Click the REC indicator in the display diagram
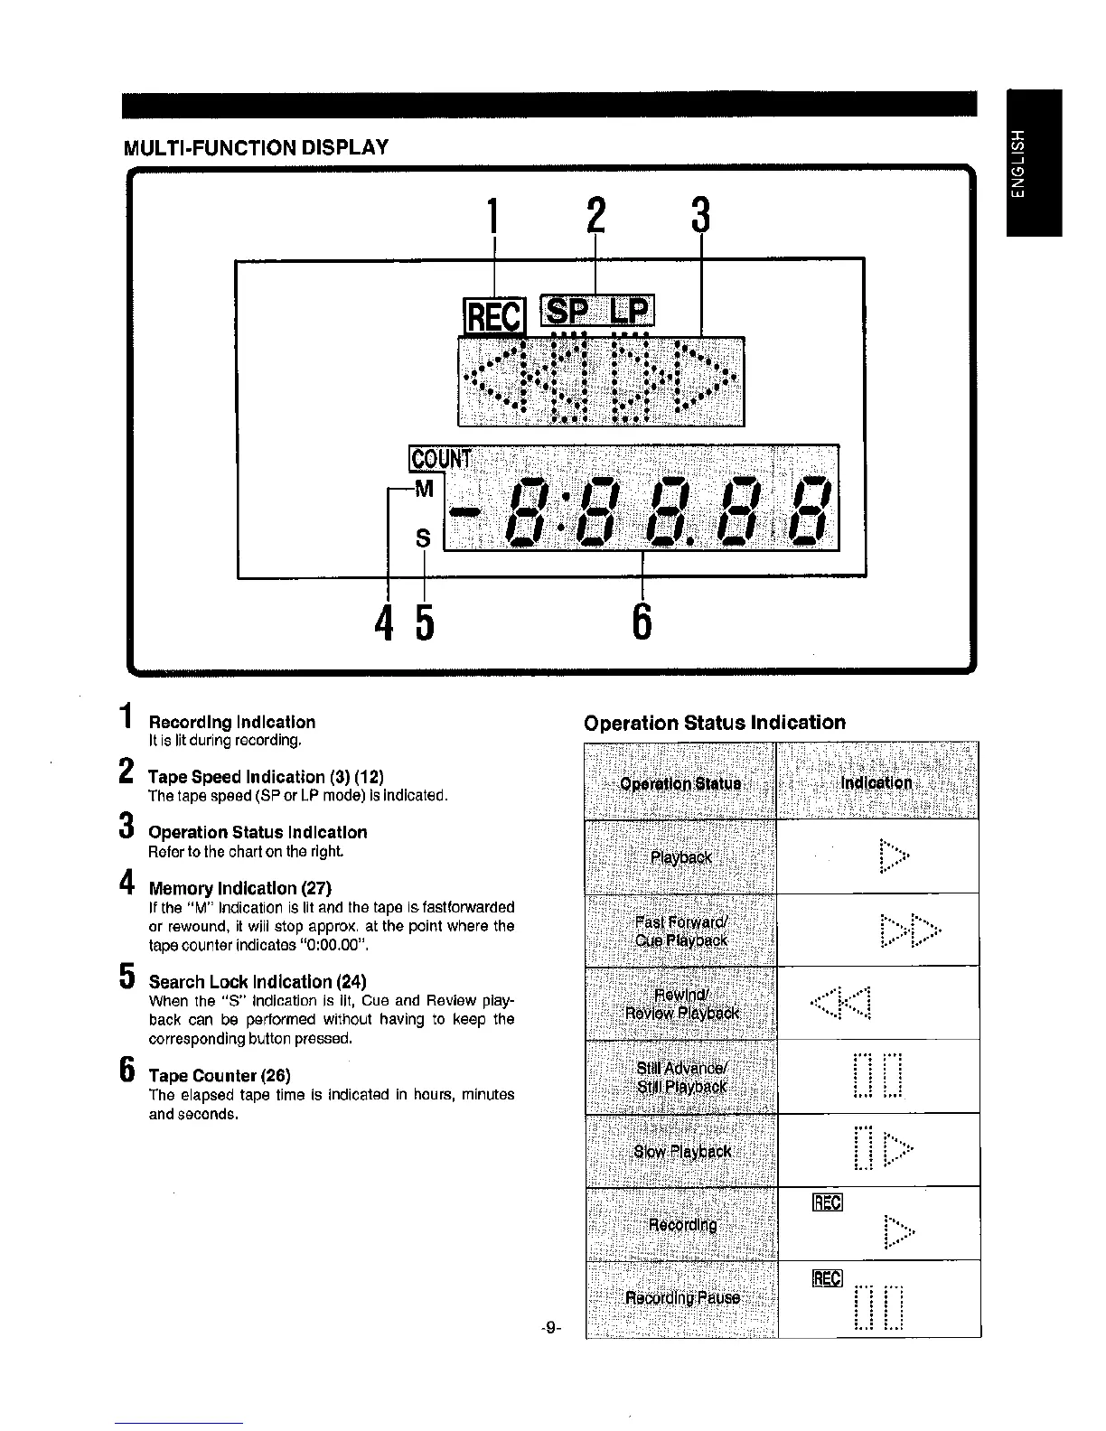pos(493,316)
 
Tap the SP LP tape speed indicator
pos(596,311)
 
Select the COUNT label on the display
pos(440,460)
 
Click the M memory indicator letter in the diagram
pos(424,490)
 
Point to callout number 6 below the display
pos(642,621)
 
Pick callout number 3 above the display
pos(700,216)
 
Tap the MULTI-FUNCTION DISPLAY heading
pos(256,147)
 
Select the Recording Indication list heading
pos(232,722)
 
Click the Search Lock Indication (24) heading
pos(258,981)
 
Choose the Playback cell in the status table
pos(681,856)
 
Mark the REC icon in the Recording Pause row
pos(827,1278)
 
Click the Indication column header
pos(876,782)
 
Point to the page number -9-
pos(551,1328)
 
